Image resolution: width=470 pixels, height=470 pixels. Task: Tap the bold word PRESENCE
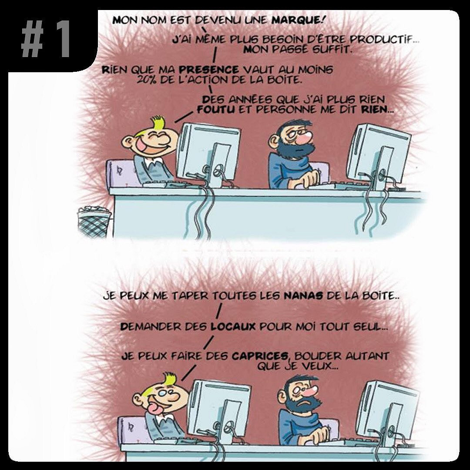coord(209,70)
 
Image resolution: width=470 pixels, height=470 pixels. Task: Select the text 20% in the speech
coord(147,80)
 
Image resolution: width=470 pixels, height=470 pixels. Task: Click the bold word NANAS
coord(303,296)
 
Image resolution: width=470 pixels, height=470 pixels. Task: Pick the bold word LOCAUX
coord(233,326)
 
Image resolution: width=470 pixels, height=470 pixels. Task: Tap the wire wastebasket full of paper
coord(94,221)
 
